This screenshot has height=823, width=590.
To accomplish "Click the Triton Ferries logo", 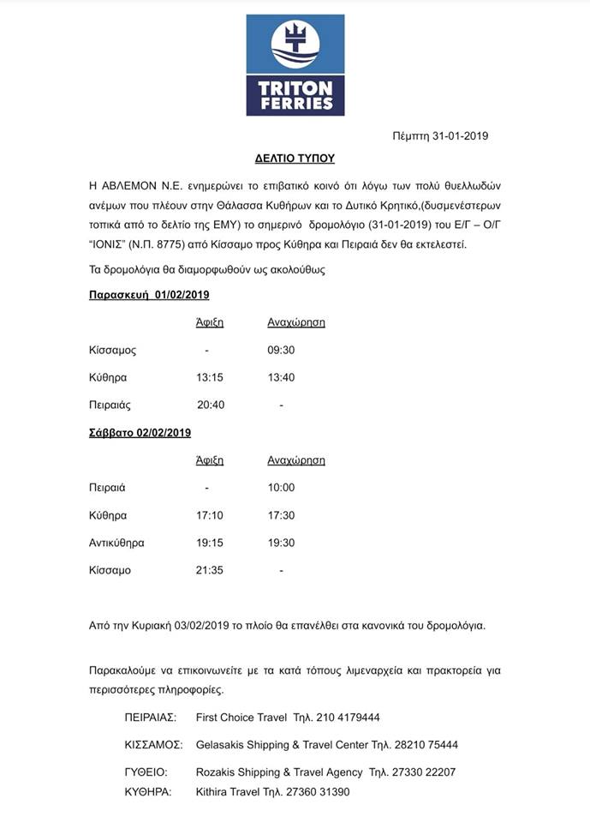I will (x=295, y=66).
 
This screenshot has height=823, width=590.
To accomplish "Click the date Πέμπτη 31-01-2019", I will (x=440, y=135).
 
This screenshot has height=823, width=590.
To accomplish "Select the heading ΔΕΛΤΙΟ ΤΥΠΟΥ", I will (x=295, y=159).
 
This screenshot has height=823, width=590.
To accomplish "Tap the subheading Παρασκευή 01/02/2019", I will (x=149, y=295).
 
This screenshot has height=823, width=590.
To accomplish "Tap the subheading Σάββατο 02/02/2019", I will (x=140, y=433).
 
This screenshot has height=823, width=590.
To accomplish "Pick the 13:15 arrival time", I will (x=210, y=377).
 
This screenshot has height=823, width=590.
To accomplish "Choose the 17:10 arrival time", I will (x=210, y=515).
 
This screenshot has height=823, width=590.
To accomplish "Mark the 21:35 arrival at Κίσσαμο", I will (x=210, y=570).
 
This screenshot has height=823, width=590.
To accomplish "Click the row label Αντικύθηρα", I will (x=116, y=543).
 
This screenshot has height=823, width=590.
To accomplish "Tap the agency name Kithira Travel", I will (x=230, y=791).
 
